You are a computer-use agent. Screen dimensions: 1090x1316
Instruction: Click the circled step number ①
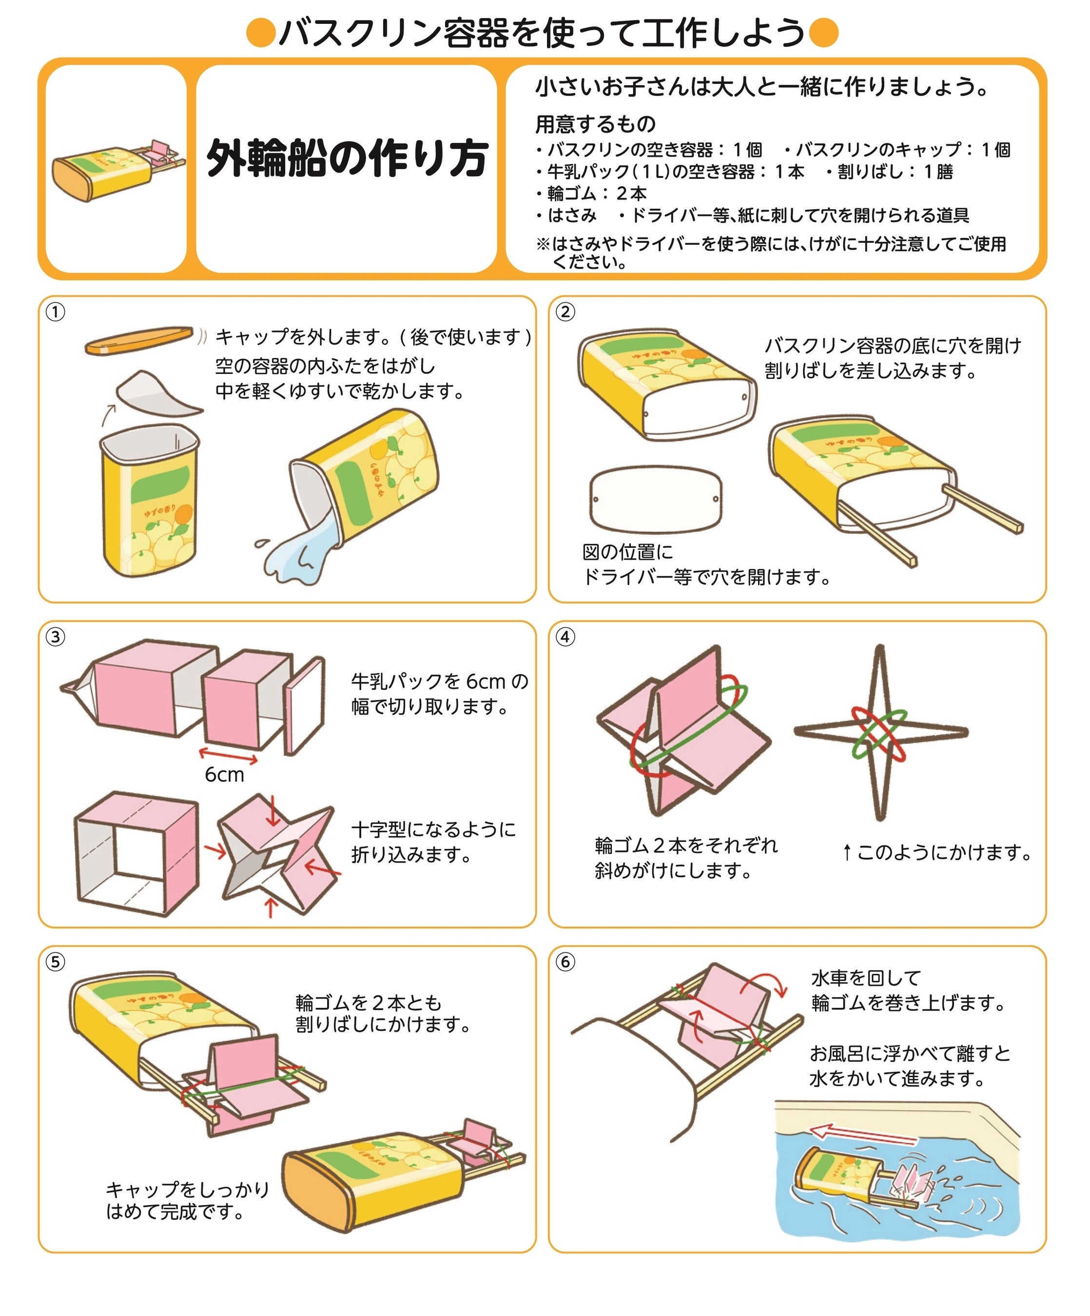(x=55, y=311)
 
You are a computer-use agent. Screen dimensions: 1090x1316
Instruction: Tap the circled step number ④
(x=565, y=637)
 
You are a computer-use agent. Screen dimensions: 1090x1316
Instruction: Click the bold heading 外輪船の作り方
(x=347, y=158)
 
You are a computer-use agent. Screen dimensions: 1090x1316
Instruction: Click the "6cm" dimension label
(x=224, y=775)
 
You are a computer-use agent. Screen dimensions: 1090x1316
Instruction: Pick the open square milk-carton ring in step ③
(x=136, y=853)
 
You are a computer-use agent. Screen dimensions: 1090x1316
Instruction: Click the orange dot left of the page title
(x=261, y=33)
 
